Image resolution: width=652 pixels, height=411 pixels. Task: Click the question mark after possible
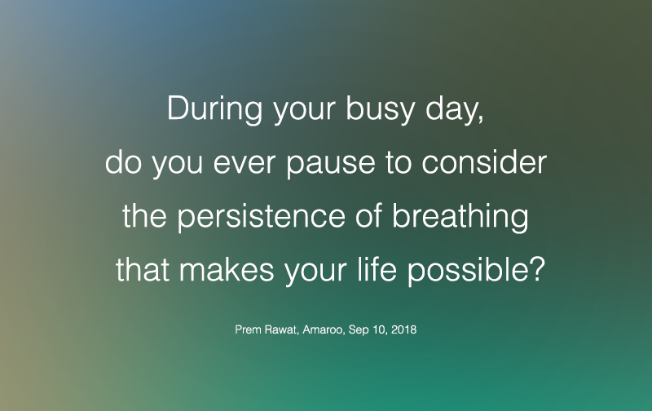(535, 271)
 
